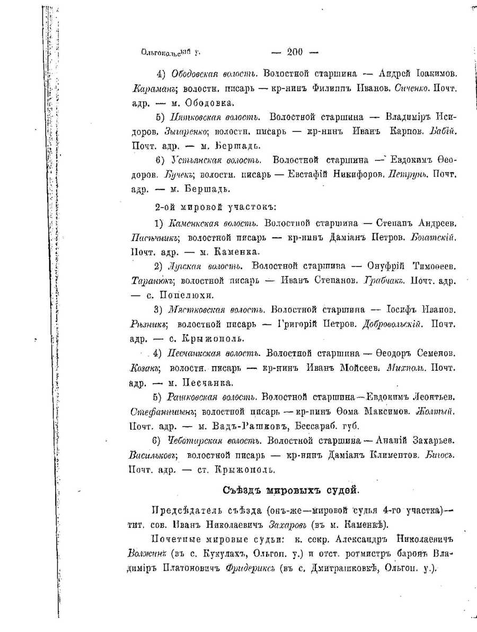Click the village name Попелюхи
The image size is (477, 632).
tap(184, 294)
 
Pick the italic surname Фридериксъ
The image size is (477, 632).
tap(249, 568)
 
